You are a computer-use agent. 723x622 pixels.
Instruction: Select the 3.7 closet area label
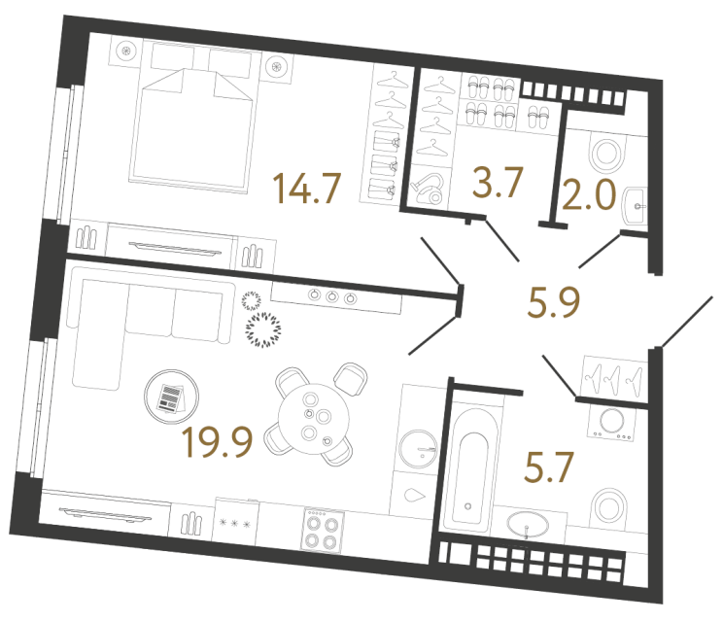click(499, 182)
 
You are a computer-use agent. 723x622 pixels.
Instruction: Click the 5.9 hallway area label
click(554, 303)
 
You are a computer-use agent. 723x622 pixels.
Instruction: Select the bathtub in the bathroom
click(470, 465)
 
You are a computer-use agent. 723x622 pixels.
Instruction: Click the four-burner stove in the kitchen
click(323, 530)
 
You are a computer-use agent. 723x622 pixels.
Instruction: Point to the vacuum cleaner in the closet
click(427, 188)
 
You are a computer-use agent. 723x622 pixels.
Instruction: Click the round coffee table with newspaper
click(170, 396)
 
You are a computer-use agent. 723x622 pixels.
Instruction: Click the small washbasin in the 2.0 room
click(636, 202)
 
